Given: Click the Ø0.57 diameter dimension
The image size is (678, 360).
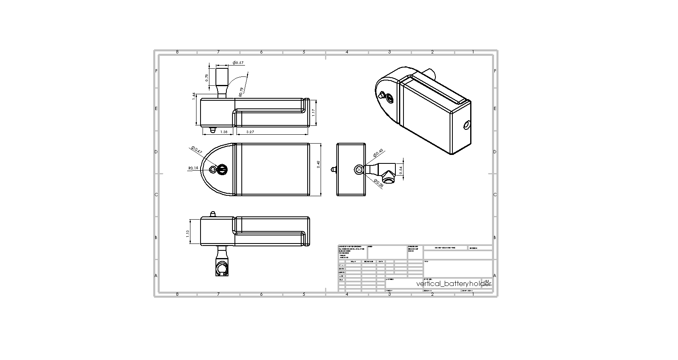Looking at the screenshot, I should click(x=239, y=63).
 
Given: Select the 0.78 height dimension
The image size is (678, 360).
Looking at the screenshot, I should click(x=207, y=77).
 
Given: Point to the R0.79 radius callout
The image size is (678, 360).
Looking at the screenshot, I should click(x=241, y=92).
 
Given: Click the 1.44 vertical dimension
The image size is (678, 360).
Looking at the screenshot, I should click(x=194, y=95).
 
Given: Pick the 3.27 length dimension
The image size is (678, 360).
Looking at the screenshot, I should click(x=250, y=132).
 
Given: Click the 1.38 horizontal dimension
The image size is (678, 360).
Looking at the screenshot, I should click(x=223, y=132).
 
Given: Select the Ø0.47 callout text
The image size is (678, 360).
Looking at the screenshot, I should click(x=197, y=150).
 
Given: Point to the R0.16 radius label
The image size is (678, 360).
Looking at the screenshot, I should click(x=193, y=168).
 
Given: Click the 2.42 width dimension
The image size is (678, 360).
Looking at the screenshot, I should click(x=318, y=164).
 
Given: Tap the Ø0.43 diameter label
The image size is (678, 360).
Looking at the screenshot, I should click(x=378, y=153).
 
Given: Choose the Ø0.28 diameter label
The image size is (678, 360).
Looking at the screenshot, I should click(x=379, y=183).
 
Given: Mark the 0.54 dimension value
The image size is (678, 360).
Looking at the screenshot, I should click(x=401, y=170).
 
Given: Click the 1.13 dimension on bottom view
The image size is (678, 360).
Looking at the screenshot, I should click(x=188, y=234).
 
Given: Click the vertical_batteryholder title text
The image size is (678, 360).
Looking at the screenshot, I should click(x=453, y=284).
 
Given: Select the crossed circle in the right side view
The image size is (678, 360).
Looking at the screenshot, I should click(x=358, y=170).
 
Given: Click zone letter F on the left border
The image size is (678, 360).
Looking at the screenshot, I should click(x=156, y=71).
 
